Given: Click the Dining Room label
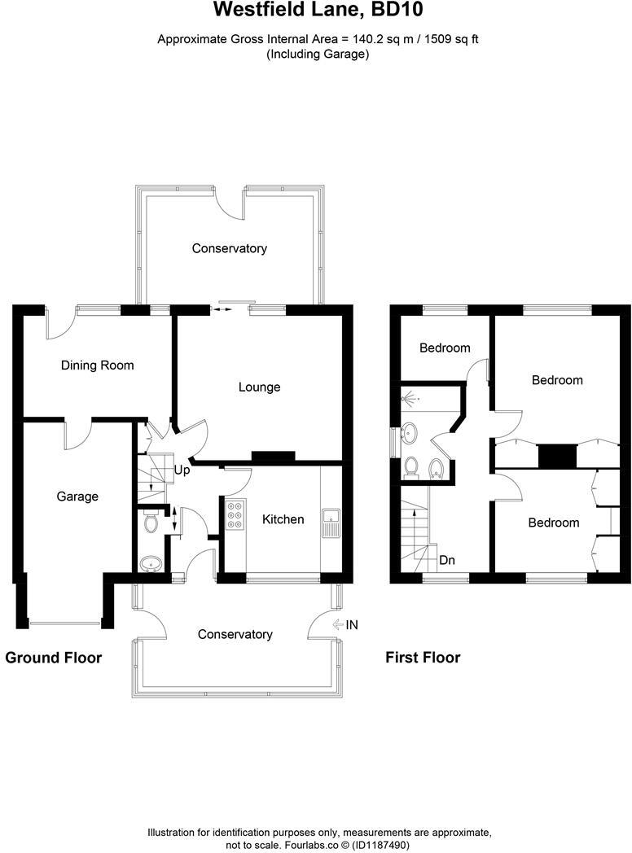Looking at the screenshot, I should pyautogui.click(x=97, y=365).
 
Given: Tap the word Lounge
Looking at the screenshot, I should pyautogui.click(x=259, y=387).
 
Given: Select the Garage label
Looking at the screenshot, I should pyautogui.click(x=77, y=496).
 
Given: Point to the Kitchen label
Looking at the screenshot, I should pyautogui.click(x=283, y=519).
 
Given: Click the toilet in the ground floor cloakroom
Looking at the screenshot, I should pyautogui.click(x=150, y=523).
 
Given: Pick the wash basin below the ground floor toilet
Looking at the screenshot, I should pyautogui.click(x=150, y=563).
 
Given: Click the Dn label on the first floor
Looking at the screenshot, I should pyautogui.click(x=447, y=560).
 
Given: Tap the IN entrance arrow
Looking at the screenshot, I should pyautogui.click(x=345, y=625).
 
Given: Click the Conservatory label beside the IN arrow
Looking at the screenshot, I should pyautogui.click(x=235, y=634).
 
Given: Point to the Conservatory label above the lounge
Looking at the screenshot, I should pyautogui.click(x=229, y=248).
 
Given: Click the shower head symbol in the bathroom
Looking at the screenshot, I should pyautogui.click(x=409, y=400).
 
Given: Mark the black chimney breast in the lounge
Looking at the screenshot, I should pyautogui.click(x=269, y=457).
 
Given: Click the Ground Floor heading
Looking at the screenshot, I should pyautogui.click(x=54, y=658).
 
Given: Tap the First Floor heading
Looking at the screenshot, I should pyautogui.click(x=423, y=658).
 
